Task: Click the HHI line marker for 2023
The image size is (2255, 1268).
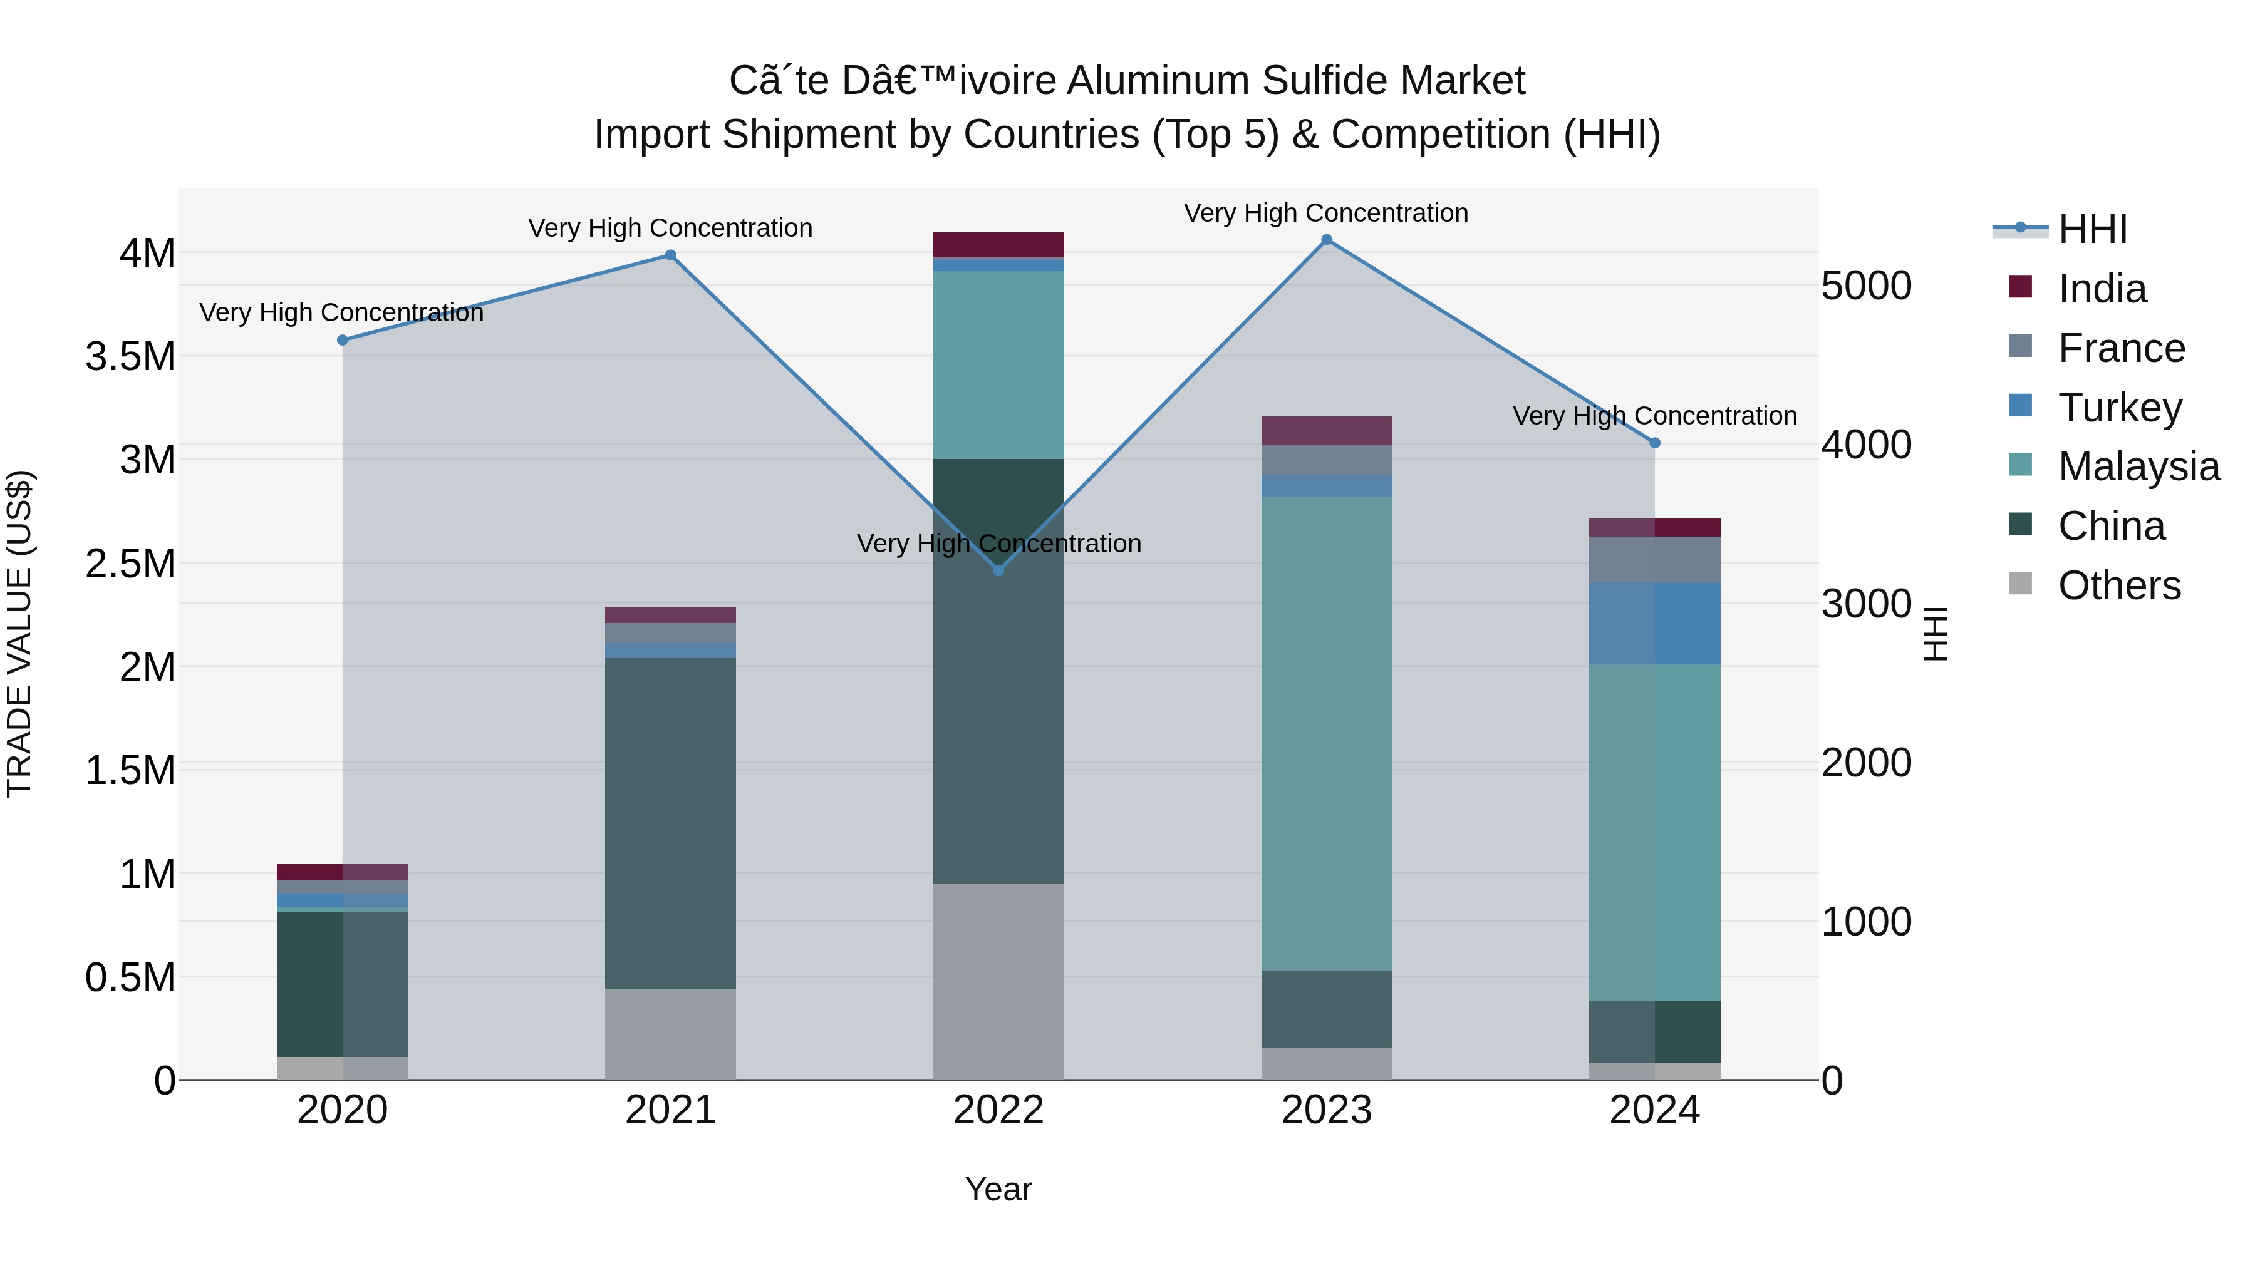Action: [1326, 240]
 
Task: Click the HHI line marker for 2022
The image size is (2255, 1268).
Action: [999, 570]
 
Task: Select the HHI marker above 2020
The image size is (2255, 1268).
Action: [342, 341]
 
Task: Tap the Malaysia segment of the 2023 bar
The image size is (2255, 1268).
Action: [1326, 733]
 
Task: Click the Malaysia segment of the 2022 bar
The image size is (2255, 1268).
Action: [999, 365]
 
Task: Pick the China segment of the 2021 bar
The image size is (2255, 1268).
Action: [670, 823]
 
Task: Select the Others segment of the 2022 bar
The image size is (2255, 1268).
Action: [999, 981]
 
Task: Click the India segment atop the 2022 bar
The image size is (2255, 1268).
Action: [999, 245]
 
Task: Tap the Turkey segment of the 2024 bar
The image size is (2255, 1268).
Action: [1654, 623]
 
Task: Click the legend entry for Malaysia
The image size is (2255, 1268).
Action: [2138, 466]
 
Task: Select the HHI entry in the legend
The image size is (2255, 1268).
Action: [2092, 229]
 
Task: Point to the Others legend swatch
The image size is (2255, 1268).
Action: [2020, 584]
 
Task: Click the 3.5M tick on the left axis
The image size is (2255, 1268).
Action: [130, 357]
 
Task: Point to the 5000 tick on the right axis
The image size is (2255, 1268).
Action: [1867, 286]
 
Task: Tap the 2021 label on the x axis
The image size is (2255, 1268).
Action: [670, 1110]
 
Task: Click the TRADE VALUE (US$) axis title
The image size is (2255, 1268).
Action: [20, 634]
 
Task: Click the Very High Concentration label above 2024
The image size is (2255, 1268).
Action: [1654, 416]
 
